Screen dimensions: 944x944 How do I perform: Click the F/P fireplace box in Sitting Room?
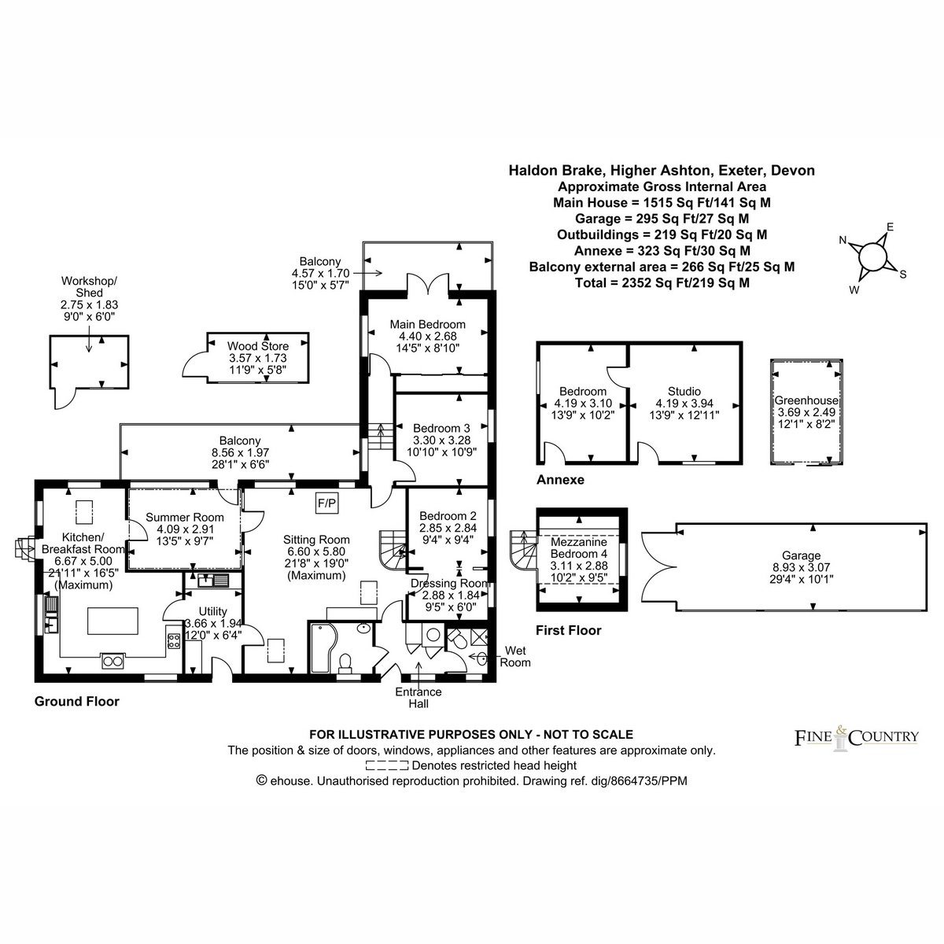[326, 503]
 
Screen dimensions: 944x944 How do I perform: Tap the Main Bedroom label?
[427, 324]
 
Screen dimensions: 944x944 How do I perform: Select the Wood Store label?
[258, 346]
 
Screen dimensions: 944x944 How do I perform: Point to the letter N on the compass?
[843, 240]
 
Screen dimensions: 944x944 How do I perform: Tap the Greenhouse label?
[806, 400]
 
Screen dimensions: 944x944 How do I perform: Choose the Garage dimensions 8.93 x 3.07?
[801, 567]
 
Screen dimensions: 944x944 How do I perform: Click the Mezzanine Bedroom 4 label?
[578, 548]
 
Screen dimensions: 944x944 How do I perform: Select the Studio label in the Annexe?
[684, 392]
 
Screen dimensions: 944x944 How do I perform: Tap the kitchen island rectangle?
[112, 621]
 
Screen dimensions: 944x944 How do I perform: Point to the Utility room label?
[212, 611]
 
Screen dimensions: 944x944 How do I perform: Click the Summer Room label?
[185, 518]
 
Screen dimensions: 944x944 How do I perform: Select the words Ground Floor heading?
[77, 702]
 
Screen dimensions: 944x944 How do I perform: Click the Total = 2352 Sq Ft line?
[662, 282]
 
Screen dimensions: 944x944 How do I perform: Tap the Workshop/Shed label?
[89, 286]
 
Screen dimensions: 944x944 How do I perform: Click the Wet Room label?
[514, 656]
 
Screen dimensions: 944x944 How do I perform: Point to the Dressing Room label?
[451, 584]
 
